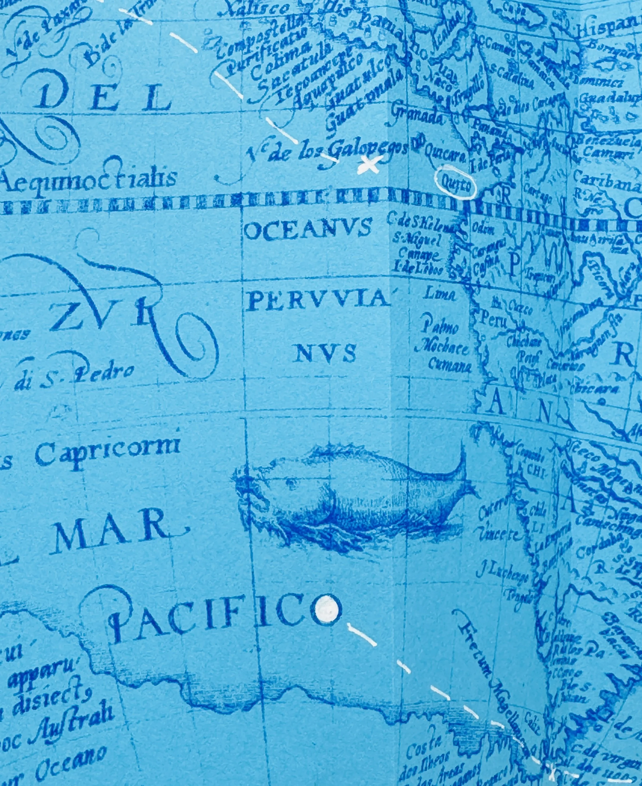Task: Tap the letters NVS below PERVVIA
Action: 325,353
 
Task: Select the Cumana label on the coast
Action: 449,366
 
